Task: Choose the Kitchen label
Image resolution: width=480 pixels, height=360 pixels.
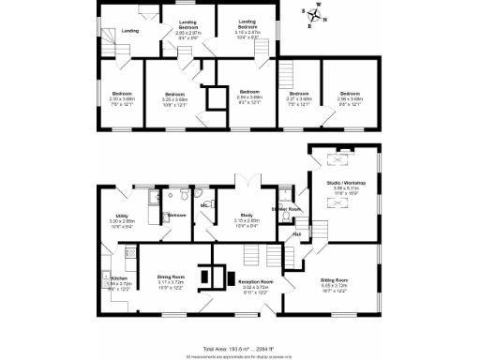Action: tap(119, 279)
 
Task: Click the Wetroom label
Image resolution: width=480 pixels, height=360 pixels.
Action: tap(176, 216)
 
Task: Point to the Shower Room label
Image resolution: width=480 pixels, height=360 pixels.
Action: tap(285, 209)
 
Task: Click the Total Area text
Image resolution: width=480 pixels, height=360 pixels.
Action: tap(240, 348)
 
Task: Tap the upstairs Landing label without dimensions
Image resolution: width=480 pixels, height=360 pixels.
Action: tap(130, 32)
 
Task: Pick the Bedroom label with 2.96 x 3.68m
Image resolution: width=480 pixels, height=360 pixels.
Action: tap(350, 96)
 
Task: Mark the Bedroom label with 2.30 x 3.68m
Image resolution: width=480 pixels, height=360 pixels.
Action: tap(122, 96)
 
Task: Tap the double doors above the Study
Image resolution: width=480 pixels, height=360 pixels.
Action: tap(246, 181)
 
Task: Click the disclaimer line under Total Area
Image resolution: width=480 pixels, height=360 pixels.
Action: tap(240, 355)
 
